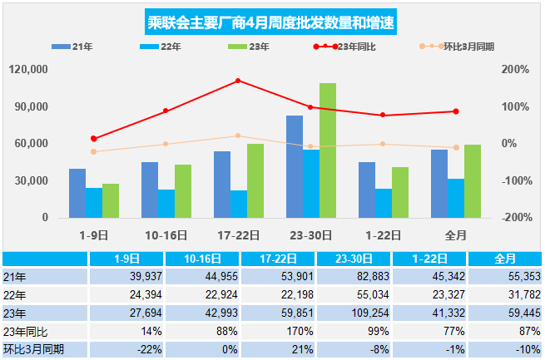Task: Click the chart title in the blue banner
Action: tap(270, 22)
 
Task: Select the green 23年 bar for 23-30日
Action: tap(328, 150)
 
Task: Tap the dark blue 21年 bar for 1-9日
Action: tap(77, 194)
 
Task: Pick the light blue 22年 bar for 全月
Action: tap(456, 198)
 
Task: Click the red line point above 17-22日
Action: tap(238, 81)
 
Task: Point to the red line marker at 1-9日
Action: tap(93, 139)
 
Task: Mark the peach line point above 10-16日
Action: tap(166, 144)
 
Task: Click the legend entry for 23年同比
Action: tap(344, 47)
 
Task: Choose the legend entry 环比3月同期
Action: tap(456, 47)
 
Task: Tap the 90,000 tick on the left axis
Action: tap(31, 106)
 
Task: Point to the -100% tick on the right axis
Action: tap(517, 181)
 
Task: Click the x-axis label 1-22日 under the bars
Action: tap(383, 236)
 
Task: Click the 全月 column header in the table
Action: tap(505, 259)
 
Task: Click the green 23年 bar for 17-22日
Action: tap(255, 181)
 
